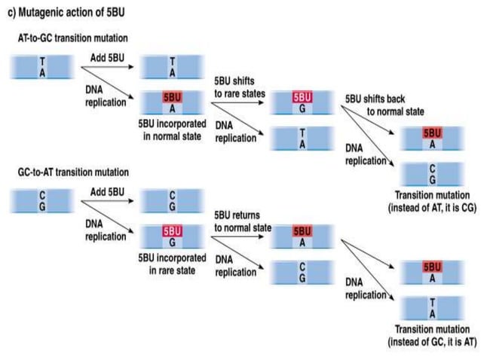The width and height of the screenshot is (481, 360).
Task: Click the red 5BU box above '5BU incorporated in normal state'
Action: point(173,97)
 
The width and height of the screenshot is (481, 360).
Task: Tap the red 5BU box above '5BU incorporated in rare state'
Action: point(173,233)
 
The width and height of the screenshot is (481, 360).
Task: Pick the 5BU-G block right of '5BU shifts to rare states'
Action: point(302,103)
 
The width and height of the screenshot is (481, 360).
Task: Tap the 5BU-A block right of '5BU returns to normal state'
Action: point(302,237)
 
